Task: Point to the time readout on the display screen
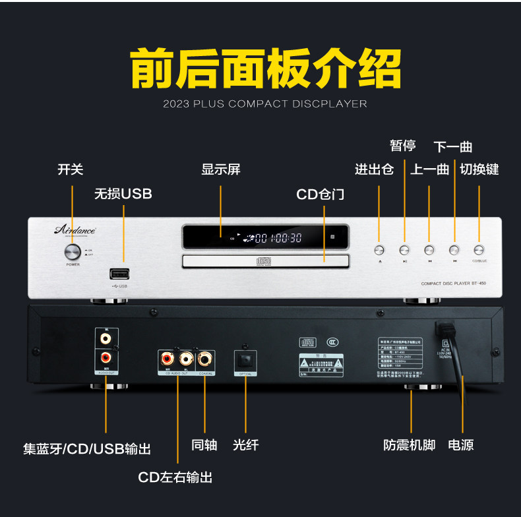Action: (277, 238)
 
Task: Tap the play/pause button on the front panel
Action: (404, 250)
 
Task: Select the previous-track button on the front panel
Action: (429, 250)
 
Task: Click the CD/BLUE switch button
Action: (479, 250)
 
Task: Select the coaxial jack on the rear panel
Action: (204, 359)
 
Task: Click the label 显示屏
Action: (221, 169)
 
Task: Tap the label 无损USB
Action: (123, 194)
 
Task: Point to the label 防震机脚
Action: (410, 445)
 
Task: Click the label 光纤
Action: (245, 445)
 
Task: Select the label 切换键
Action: (479, 169)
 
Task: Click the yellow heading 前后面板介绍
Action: (264, 67)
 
